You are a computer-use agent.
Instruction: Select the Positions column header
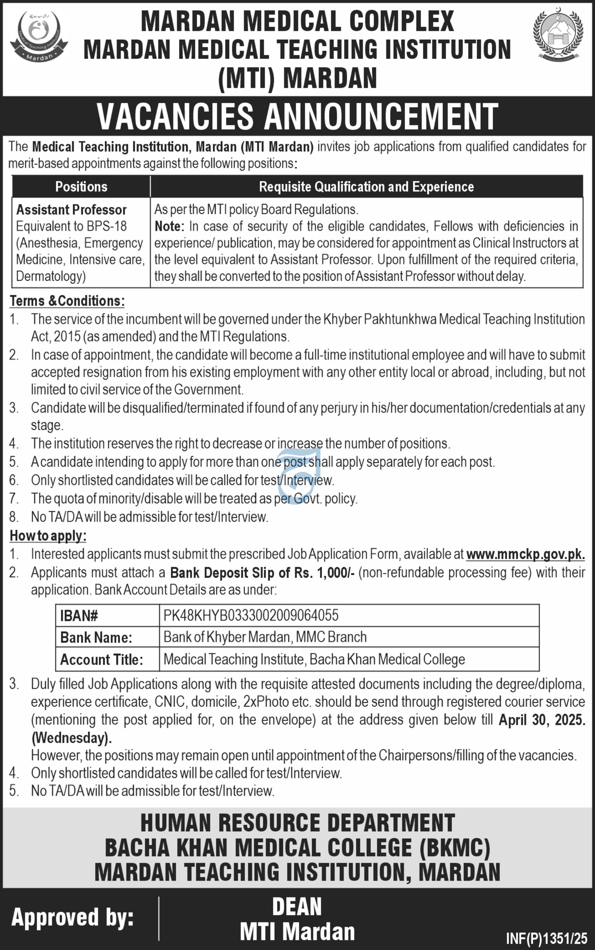coord(81,186)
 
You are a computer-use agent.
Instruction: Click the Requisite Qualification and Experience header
coord(366,186)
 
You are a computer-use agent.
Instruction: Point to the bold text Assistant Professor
coord(71,210)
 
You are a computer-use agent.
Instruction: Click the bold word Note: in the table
coord(169,226)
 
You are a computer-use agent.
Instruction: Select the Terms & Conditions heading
coord(67,301)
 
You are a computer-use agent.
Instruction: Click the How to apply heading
coord(48,536)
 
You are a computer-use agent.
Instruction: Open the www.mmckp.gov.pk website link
coord(525,554)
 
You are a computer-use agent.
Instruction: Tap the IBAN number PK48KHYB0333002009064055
coord(251,615)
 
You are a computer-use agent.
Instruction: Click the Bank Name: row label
coord(96,638)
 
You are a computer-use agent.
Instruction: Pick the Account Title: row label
coord(101,660)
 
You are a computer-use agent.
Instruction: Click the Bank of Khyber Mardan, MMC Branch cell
coord(265,637)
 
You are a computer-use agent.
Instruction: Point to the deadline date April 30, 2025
coord(541,720)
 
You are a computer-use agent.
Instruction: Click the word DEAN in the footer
coord(297,907)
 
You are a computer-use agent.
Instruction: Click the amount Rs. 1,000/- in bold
coord(324,573)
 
